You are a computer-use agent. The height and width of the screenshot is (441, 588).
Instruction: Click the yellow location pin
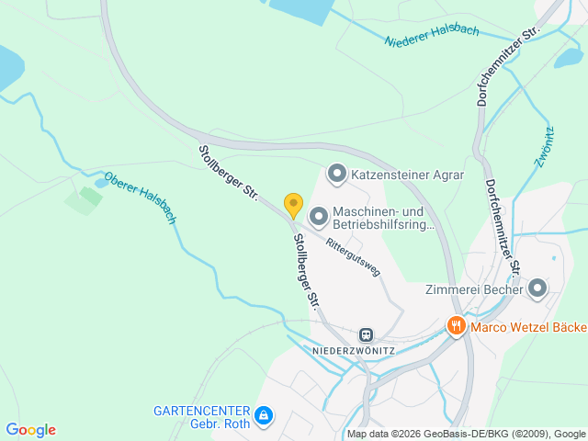tap(293, 205)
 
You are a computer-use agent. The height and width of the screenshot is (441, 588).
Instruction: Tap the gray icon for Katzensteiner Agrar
tap(336, 173)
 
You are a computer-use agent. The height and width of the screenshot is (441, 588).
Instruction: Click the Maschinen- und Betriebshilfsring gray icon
tap(319, 217)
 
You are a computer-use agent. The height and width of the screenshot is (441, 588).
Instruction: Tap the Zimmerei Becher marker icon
tap(537, 289)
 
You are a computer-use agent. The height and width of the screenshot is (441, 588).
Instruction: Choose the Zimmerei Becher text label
tap(474, 289)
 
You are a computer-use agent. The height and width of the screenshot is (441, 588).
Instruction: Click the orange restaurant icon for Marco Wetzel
tap(456, 326)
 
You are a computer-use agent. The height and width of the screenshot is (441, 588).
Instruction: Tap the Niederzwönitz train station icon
tap(367, 335)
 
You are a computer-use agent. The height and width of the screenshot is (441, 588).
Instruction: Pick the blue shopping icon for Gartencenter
tap(264, 416)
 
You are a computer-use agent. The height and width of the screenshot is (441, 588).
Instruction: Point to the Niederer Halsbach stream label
tap(432, 37)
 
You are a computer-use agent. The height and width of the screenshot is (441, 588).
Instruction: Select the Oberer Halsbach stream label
tap(140, 198)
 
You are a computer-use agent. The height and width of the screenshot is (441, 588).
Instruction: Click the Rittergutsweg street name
tap(351, 252)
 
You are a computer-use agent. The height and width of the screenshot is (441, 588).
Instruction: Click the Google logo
tap(30, 430)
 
